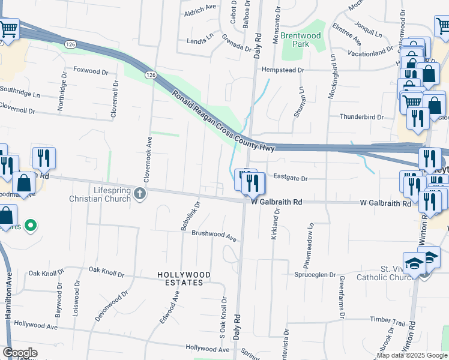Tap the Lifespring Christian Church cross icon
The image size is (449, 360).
click(140, 193)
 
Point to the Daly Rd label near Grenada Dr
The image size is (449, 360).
click(258, 44)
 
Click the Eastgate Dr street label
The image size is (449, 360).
click(290, 178)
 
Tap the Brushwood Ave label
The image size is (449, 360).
click(214, 235)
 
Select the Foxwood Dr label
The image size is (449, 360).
click(91, 70)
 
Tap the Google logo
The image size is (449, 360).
click(20, 353)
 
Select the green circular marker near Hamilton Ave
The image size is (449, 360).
click(32, 226)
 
